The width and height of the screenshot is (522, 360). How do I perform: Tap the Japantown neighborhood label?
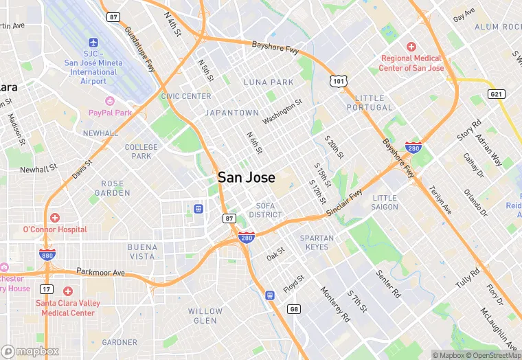coord(232,113)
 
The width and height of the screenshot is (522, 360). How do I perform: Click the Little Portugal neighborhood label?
coord(374,103)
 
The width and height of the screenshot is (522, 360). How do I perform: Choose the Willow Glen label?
coord(205,316)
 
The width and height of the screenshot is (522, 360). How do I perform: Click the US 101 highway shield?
coord(337,81)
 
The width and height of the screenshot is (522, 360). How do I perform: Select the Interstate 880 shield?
coord(47,255)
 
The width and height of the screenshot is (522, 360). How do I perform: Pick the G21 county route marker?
coord(497,93)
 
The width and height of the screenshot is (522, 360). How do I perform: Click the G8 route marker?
coord(294,310)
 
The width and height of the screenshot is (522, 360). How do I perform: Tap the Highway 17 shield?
coord(47,289)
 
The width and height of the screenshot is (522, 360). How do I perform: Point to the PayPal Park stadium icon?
coord(110,100)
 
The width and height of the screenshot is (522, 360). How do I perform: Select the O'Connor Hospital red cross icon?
coord(55,218)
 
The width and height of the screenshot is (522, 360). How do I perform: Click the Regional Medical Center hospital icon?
coord(411,47)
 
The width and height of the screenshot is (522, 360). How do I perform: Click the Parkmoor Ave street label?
coord(100,272)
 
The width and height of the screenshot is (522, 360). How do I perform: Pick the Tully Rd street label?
coord(467,278)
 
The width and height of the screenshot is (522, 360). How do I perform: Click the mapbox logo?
coord(30,351)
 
